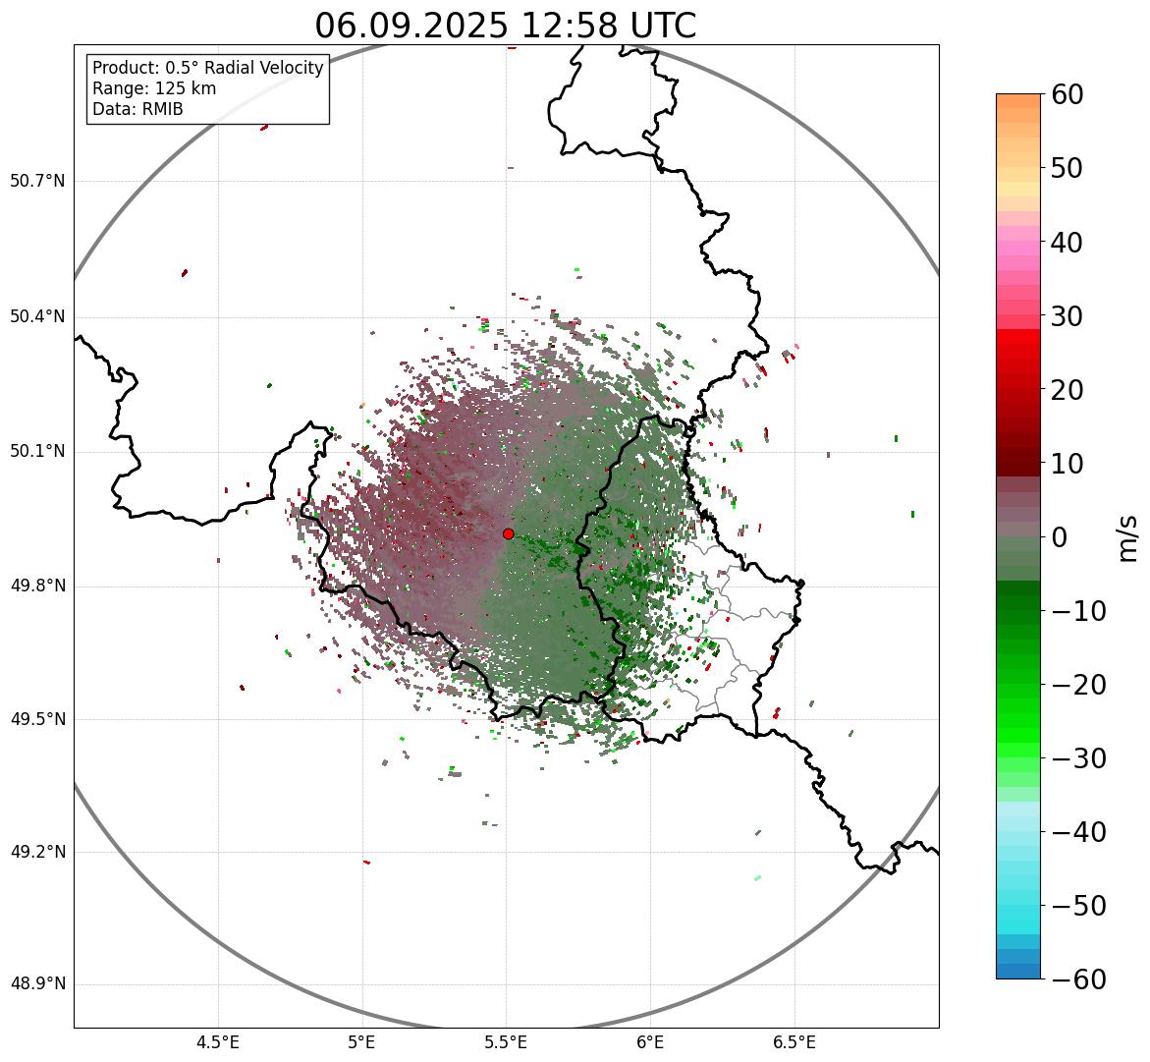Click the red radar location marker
[508, 533]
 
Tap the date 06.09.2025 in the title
[412, 26]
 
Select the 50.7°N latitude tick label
[37, 181]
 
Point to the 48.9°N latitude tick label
[37, 984]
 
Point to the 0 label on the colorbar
[1061, 537]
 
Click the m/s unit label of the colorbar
[1127, 537]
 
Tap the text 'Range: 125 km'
[154, 88]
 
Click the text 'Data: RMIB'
[137, 109]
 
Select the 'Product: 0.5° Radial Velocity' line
[207, 68]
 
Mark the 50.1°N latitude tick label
[37, 452]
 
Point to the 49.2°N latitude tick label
[37, 852]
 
